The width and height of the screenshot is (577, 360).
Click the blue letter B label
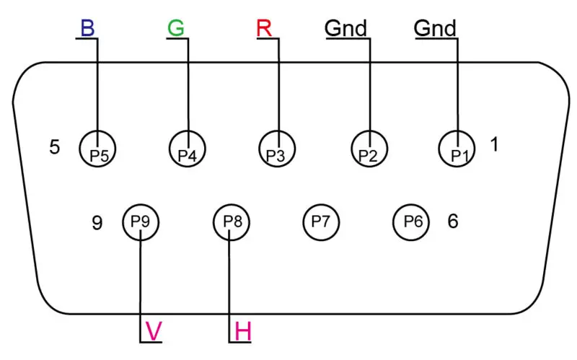point(87,28)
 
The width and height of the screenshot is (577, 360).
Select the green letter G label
point(176,28)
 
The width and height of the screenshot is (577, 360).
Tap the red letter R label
point(264,28)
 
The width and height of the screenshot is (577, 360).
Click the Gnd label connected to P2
point(346,28)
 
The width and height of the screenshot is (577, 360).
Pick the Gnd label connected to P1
point(435,28)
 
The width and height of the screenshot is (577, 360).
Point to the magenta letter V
point(154,331)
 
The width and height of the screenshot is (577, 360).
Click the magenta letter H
point(243,331)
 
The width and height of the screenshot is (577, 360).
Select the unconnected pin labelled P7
point(321,222)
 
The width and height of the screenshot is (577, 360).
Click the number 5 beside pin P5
point(55,147)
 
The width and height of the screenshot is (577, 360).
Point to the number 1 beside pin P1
point(495,144)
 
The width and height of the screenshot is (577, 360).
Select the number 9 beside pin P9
point(97,223)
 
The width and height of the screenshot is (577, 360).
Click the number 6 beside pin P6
point(453,221)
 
